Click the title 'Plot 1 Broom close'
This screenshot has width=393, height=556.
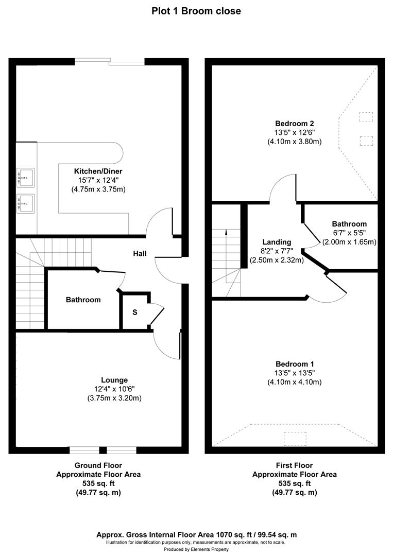(x=196, y=11)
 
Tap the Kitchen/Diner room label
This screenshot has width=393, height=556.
(x=98, y=171)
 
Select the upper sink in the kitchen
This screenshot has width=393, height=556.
(x=26, y=177)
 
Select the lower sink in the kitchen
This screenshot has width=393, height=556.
(x=26, y=203)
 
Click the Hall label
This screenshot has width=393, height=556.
(x=140, y=254)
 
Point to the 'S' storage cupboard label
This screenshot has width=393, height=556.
(x=135, y=311)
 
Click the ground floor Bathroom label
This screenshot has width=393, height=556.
(x=83, y=300)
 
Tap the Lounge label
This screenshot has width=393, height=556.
(x=114, y=380)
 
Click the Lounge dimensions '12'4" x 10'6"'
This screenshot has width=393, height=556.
(x=114, y=389)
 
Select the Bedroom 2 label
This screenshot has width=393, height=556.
(x=295, y=124)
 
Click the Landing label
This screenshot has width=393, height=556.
(x=277, y=242)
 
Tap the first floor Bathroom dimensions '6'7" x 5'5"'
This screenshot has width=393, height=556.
(x=349, y=233)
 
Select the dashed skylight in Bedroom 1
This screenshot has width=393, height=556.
(x=295, y=438)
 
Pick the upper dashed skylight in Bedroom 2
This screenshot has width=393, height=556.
(x=366, y=117)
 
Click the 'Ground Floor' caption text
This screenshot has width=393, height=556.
(x=98, y=465)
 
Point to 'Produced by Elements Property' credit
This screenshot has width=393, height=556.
(x=196, y=550)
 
